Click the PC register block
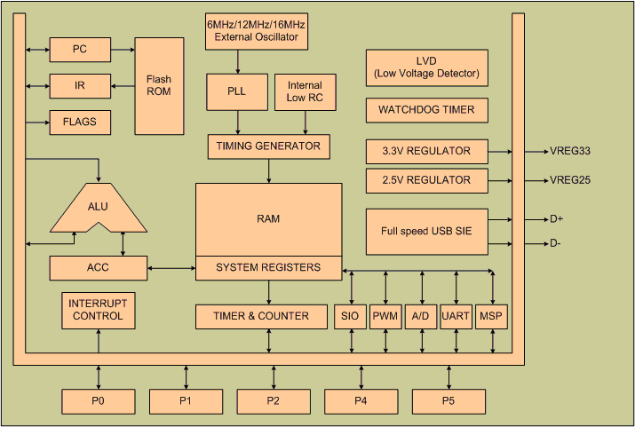click(79, 50)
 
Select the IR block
click(79, 86)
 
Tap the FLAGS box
click(79, 122)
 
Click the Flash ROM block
click(159, 86)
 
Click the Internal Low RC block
click(306, 91)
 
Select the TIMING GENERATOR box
click(268, 146)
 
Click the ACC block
click(97, 267)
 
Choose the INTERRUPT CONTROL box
click(98, 310)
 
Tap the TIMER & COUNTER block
click(261, 316)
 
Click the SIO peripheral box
click(347, 316)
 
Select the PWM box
click(385, 316)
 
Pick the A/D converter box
click(421, 316)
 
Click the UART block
click(456, 316)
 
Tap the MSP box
click(491, 316)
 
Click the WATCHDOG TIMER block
click(426, 111)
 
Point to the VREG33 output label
click(570, 151)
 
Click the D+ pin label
click(558, 218)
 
